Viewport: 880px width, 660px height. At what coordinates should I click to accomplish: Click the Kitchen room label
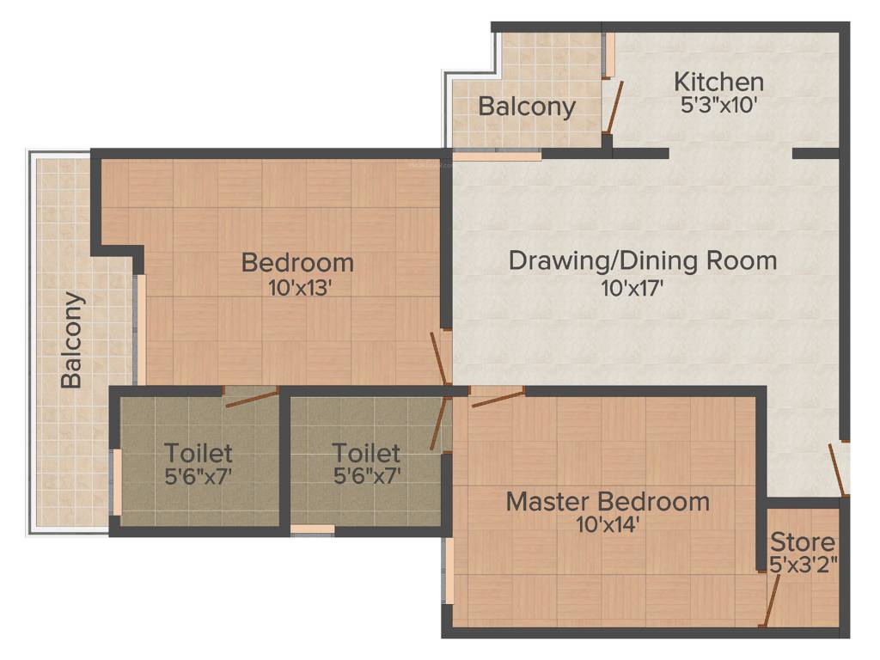point(718,82)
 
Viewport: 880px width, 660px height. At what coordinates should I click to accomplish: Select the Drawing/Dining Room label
point(643,260)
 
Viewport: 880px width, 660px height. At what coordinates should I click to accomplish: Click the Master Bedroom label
point(608,501)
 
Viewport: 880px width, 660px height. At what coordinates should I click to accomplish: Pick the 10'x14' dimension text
point(608,524)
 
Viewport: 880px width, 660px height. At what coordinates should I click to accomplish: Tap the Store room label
point(802,542)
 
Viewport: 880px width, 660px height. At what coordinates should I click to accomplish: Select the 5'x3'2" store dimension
point(804,565)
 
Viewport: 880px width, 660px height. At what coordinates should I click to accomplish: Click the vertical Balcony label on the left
point(73,340)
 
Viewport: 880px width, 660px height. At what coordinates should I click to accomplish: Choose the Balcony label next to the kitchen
point(526,107)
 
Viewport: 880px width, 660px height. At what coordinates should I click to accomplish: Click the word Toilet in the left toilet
point(199,452)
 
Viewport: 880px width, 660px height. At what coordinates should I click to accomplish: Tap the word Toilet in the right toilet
point(366,452)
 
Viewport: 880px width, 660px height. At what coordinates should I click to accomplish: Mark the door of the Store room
point(773,599)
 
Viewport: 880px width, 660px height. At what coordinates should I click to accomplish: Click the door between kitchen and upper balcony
point(612,107)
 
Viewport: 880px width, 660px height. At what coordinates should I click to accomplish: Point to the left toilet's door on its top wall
point(252,395)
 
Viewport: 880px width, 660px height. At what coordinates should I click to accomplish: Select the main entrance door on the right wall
point(836,468)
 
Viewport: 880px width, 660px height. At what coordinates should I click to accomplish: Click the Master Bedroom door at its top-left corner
point(498,397)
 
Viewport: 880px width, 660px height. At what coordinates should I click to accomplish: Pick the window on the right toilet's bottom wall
point(312,530)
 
